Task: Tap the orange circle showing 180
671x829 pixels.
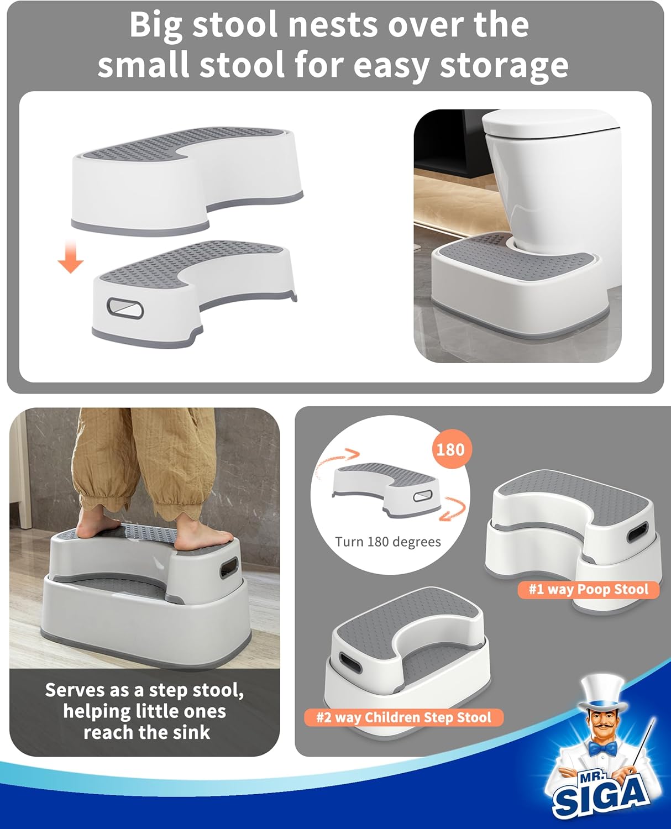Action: [x=450, y=449]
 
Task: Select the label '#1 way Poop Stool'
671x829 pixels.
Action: [x=588, y=589]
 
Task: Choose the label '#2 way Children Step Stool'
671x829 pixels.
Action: [x=403, y=717]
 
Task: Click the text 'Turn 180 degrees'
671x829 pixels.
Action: [x=388, y=542]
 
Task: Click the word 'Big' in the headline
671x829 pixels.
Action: [x=155, y=25]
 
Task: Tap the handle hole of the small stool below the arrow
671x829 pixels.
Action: [x=125, y=308]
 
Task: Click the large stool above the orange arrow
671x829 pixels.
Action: [x=188, y=177]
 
